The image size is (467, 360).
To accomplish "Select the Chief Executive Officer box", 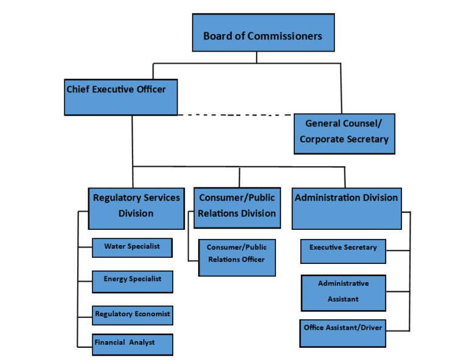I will pos(121,97).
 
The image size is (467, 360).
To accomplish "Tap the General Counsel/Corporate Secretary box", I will pos(344,133).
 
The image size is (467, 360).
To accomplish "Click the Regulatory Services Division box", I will pos(136,208).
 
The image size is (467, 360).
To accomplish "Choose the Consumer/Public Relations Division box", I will pos(237,207).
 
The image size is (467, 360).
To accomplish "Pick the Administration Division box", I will pos(347,208).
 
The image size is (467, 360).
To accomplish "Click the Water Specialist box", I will pos(132,247).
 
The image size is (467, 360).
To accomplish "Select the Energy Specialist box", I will pos(132,281).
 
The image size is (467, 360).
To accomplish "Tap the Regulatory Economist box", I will pos(133,315).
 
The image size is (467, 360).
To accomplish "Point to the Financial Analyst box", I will pos(133,344).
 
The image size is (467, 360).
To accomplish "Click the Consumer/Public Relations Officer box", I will pos(237,257).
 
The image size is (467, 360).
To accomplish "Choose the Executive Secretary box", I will pos(343,251).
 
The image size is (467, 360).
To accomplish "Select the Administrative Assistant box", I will pos(343,292).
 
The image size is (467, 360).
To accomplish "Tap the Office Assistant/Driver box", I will pos(343,332).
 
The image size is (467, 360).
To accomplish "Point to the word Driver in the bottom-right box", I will pos(371,328).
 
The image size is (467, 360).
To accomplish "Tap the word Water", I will pos(114,246).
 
